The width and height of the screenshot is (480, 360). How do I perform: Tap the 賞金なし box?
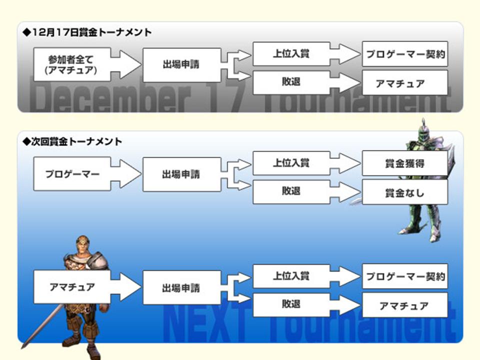click(x=404, y=192)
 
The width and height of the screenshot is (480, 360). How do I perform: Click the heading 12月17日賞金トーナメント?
click(x=87, y=32)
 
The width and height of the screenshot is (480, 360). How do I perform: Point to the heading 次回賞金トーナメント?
click(x=72, y=141)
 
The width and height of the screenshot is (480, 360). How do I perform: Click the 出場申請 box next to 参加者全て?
click(x=181, y=65)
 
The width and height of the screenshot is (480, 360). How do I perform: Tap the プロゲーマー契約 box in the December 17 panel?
click(x=404, y=54)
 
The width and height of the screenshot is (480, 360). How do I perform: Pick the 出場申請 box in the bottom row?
click(x=181, y=287)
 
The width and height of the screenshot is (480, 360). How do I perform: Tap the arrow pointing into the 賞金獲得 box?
click(x=345, y=163)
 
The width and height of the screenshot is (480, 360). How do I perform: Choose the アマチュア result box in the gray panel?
click(x=404, y=83)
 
